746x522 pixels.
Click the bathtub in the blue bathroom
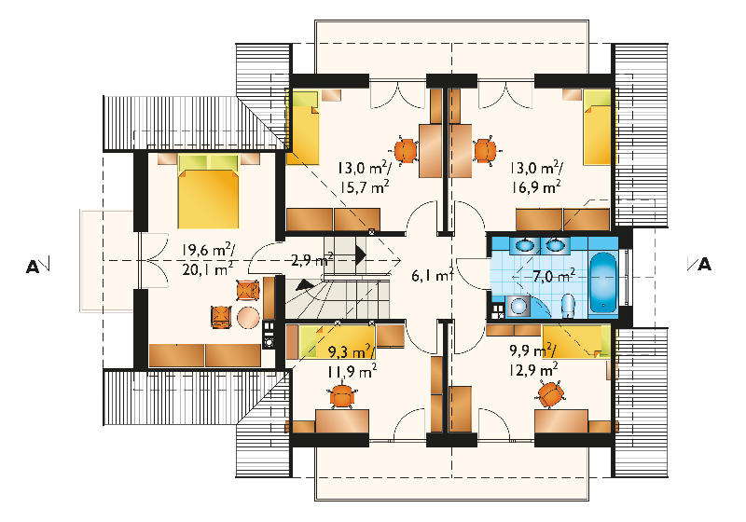click(603, 282)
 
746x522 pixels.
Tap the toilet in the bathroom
click(568, 305)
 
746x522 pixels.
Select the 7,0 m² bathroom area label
click(554, 276)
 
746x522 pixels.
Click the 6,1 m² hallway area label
click(432, 275)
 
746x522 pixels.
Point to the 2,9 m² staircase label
click(312, 259)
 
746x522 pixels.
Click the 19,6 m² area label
click(207, 250)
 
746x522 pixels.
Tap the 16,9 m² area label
click(536, 186)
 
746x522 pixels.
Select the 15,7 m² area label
click(365, 186)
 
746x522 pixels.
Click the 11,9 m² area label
click(352, 370)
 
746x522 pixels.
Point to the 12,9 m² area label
click(533, 368)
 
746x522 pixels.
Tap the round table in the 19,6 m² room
click(248, 317)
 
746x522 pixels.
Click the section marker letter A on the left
click(33, 267)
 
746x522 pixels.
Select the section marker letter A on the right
click(705, 265)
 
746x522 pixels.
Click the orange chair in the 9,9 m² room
click(551, 394)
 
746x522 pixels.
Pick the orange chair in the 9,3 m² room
click(342, 396)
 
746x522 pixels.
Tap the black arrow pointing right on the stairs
click(361, 256)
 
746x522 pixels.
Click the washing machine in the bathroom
click(518, 306)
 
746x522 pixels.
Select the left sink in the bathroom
click(526, 245)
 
